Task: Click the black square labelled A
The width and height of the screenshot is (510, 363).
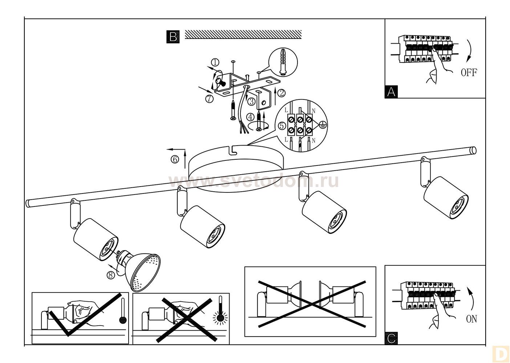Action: pos(391,91)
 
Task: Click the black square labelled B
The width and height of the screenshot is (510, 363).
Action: pos(173,37)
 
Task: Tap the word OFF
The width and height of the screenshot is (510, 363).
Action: pos(469,72)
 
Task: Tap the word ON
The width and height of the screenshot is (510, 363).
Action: pos(471,319)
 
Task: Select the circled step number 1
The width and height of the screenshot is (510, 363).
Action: pos(215,62)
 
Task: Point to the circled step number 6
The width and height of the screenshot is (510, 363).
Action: pos(175,159)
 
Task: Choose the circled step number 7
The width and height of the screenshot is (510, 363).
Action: pos(209,98)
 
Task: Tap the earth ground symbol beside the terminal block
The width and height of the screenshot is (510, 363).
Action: pos(321,124)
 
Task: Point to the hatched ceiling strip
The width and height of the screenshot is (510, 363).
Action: pos(243,34)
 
